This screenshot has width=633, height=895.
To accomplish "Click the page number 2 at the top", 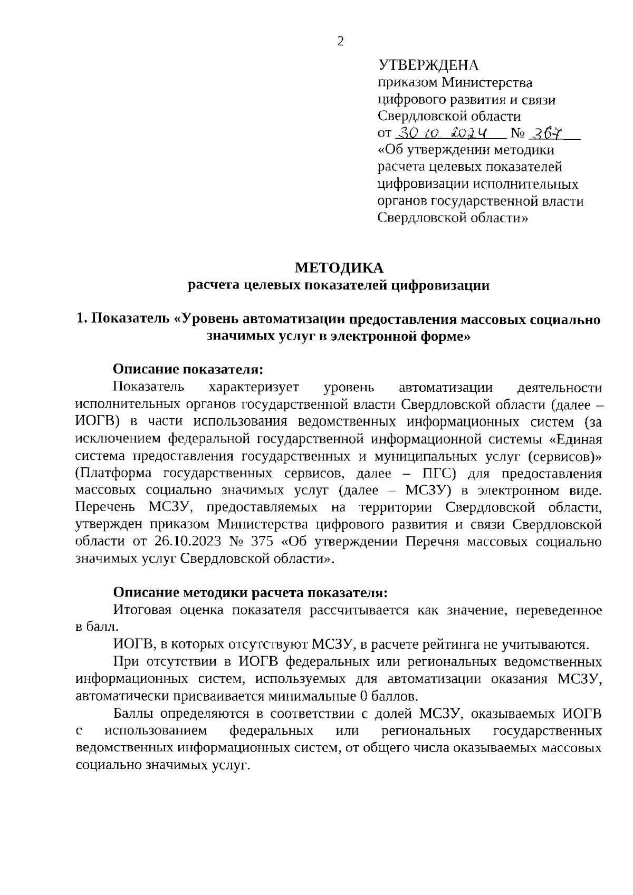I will [340, 42].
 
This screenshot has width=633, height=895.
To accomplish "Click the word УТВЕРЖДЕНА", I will [428, 66].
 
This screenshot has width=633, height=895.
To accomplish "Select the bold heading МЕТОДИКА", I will [339, 268].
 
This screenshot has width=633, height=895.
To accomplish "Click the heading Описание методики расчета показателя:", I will [251, 593].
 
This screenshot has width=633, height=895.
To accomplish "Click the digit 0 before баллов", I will [363, 696].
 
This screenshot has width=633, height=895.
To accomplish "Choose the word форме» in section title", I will [443, 336].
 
